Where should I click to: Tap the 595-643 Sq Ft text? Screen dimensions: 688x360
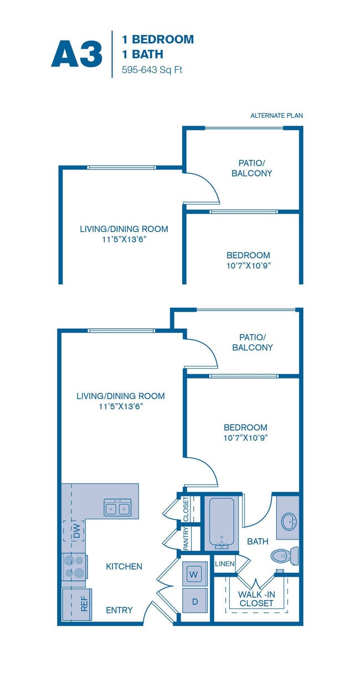152,70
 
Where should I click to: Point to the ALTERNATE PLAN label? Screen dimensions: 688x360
276,116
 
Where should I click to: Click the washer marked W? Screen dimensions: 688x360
194,573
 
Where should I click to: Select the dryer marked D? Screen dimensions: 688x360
194,600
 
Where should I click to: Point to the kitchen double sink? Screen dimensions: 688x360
117,507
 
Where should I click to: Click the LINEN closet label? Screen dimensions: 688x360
225,564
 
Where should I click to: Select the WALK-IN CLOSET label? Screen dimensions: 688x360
256,598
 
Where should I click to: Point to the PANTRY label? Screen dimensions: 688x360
186,537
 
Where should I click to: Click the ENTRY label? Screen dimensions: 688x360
119,610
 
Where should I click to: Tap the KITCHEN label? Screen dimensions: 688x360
124,566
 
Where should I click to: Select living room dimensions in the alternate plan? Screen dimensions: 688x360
124,239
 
